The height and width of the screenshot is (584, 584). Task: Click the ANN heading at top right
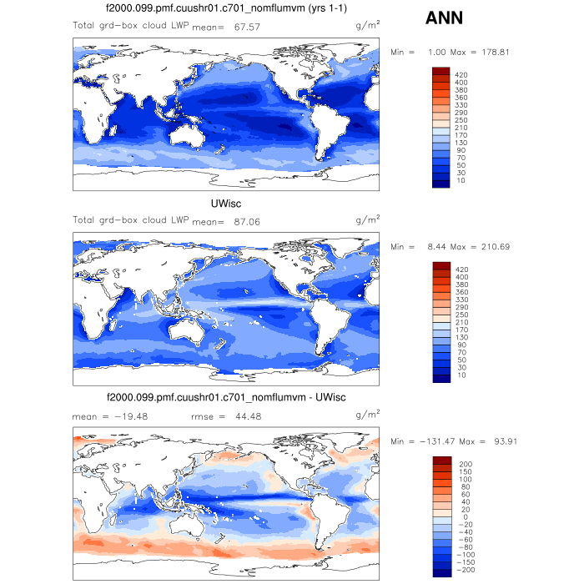(x=446, y=18)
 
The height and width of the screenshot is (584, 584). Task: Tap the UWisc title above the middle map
(x=226, y=203)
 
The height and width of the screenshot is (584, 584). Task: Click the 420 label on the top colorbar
(x=461, y=73)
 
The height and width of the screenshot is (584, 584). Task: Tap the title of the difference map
(x=226, y=396)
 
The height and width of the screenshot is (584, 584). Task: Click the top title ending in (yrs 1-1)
(x=226, y=8)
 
